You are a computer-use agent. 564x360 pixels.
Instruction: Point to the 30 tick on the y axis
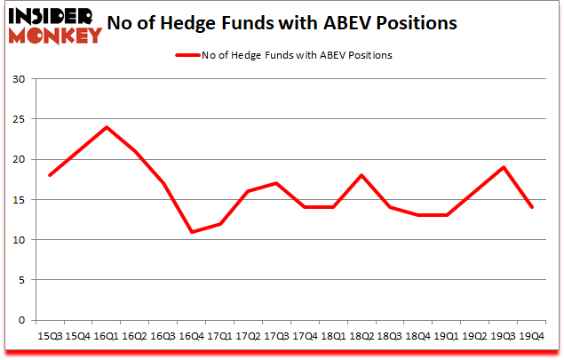click(19, 79)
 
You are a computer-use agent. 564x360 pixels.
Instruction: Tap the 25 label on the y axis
click(19, 119)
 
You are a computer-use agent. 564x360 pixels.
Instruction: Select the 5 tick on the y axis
click(21, 280)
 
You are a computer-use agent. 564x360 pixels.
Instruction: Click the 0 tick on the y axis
click(21, 320)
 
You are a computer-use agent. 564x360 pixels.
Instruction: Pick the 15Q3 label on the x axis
click(49, 335)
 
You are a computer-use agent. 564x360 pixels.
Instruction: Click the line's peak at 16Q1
click(107, 127)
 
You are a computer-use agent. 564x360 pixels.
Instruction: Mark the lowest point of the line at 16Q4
click(192, 232)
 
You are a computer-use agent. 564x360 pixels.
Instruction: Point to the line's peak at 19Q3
click(504, 167)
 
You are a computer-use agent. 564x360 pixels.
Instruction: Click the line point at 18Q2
click(362, 175)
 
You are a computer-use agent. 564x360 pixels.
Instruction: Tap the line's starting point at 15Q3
click(50, 175)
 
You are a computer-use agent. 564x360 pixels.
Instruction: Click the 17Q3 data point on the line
click(277, 183)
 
